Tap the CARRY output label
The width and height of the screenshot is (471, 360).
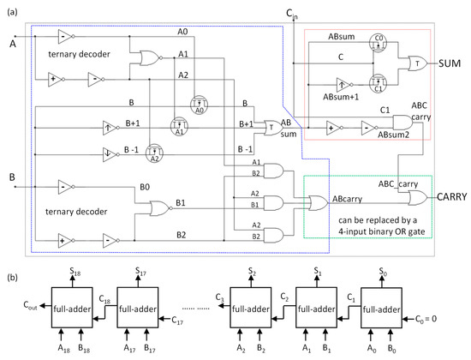(449, 196)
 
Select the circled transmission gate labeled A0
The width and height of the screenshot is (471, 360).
(199, 102)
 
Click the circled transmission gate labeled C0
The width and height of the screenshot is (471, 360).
(379, 42)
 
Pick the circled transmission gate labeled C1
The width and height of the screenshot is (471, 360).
(379, 82)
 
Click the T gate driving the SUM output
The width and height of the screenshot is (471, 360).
(416, 63)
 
